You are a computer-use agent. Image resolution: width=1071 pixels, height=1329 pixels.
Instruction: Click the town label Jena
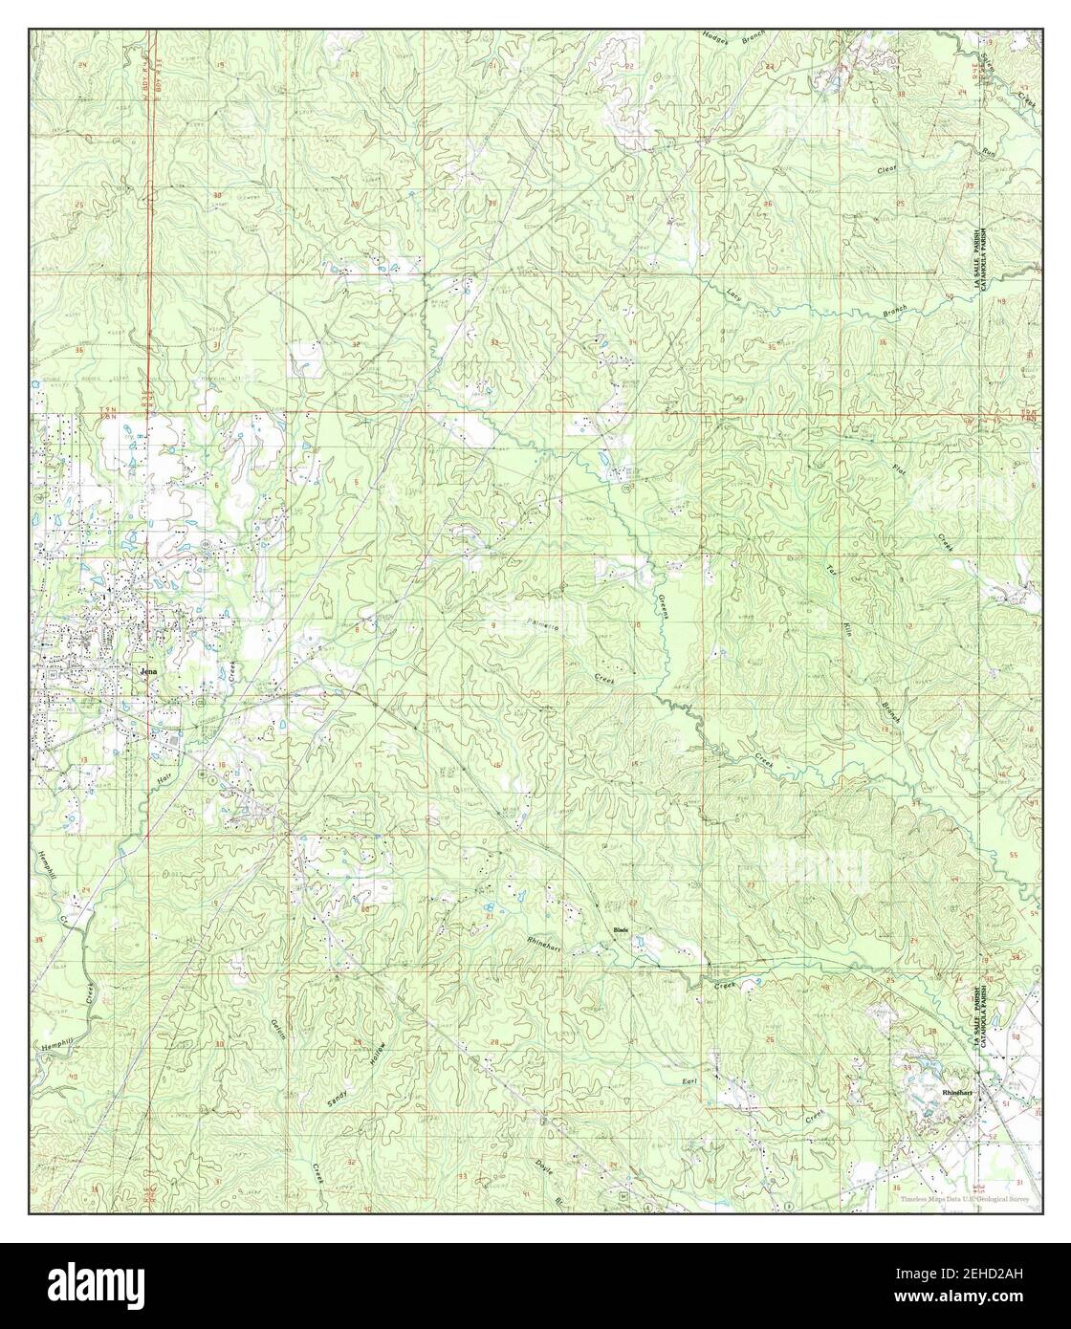(x=146, y=671)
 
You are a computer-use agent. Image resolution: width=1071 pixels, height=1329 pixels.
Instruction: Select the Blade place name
(x=621, y=930)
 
